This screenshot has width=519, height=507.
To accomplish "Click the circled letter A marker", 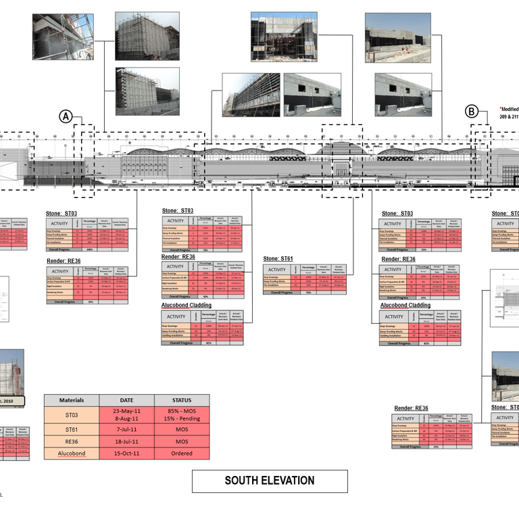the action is [x=66, y=116].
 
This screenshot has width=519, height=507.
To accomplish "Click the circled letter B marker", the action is [x=472, y=112].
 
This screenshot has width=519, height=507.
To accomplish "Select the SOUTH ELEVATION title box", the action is [x=270, y=481].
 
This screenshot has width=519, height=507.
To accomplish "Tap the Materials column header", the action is [x=72, y=400].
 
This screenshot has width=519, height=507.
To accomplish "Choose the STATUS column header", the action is [x=182, y=400].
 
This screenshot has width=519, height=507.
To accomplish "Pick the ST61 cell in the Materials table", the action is [x=72, y=431].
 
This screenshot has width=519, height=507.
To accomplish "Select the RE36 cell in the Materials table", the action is [x=72, y=442].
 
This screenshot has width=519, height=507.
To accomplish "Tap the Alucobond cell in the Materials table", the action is [x=72, y=454].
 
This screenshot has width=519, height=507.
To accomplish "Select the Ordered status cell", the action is [x=182, y=454].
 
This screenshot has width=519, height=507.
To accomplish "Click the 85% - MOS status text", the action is [x=182, y=412].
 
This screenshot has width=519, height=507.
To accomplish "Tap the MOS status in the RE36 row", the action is [x=182, y=442].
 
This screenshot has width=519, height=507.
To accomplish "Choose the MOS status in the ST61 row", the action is [x=182, y=431].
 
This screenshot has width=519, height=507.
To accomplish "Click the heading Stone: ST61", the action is [x=278, y=259].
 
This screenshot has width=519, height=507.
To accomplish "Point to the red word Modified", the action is [x=510, y=108].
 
